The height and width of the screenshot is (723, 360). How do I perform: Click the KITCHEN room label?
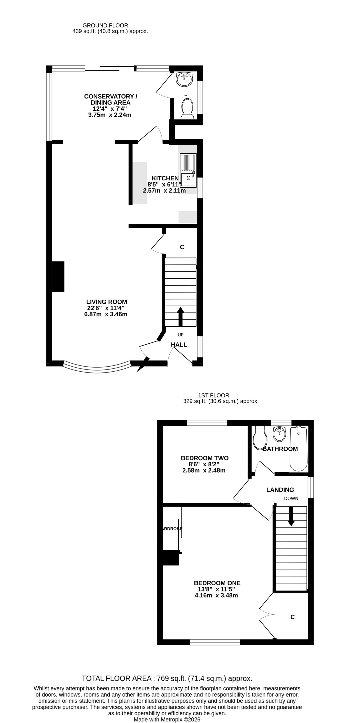165,178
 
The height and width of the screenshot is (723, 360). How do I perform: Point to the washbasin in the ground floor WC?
184,79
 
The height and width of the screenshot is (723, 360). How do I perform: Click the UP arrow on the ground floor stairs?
181,317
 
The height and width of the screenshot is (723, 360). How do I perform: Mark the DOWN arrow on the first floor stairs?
291,516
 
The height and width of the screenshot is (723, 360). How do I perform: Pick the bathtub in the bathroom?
299,449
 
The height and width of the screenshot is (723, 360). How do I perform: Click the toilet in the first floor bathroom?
258,438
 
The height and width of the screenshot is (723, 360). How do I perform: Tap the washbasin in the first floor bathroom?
279,434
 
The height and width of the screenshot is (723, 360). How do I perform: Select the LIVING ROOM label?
107,302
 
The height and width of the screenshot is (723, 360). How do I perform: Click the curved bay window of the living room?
97,368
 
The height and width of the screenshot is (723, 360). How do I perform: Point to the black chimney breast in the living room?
58,276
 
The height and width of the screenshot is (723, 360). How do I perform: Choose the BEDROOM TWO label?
205,458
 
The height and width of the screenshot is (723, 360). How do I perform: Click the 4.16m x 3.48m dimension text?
216,595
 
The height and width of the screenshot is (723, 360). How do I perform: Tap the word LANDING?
280,490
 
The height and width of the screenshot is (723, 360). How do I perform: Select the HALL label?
179,345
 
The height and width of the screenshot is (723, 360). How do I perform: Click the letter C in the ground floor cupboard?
182,247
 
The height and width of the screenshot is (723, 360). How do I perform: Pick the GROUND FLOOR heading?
105,25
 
